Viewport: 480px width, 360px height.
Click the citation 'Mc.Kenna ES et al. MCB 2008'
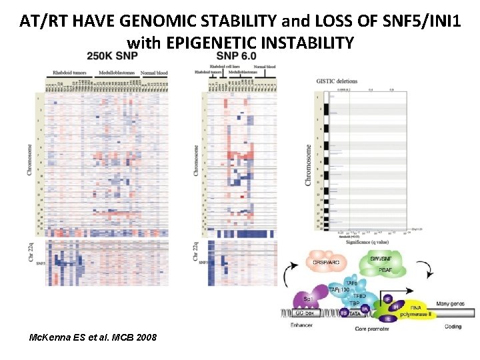click(93, 337)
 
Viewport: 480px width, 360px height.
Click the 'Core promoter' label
click(371, 329)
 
